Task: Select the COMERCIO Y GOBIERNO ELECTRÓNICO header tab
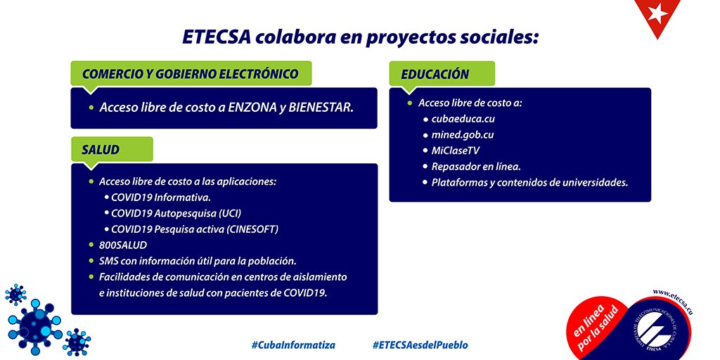tap(191, 74)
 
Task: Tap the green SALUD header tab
tap(111, 150)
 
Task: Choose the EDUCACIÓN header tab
tap(442, 74)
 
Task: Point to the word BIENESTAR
tap(320, 108)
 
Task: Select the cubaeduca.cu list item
tap(463, 119)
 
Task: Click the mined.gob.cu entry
tap(463, 135)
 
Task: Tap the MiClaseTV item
tap(456, 150)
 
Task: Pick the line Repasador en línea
tap(475, 167)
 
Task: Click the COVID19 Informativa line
tap(161, 197)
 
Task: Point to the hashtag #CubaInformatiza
tap(293, 345)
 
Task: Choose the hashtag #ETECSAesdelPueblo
tap(420, 345)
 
